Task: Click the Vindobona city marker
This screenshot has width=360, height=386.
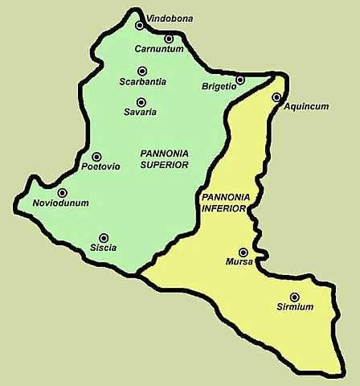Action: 140,26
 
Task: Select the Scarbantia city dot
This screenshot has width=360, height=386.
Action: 141,71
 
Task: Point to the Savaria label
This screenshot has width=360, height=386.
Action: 141,113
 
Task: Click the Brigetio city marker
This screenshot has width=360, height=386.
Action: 239,80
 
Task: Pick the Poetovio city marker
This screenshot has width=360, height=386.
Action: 96,157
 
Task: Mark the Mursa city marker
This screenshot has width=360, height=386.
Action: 243,253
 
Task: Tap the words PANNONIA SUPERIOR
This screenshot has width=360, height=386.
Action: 164,158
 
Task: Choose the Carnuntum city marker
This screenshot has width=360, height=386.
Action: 169,39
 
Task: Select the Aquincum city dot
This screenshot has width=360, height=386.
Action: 276,97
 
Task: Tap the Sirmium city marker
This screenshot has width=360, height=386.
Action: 294,297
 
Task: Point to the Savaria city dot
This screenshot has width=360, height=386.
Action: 141,102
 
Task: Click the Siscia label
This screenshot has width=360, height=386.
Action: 103,248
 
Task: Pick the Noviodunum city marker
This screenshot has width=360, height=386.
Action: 62,193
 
